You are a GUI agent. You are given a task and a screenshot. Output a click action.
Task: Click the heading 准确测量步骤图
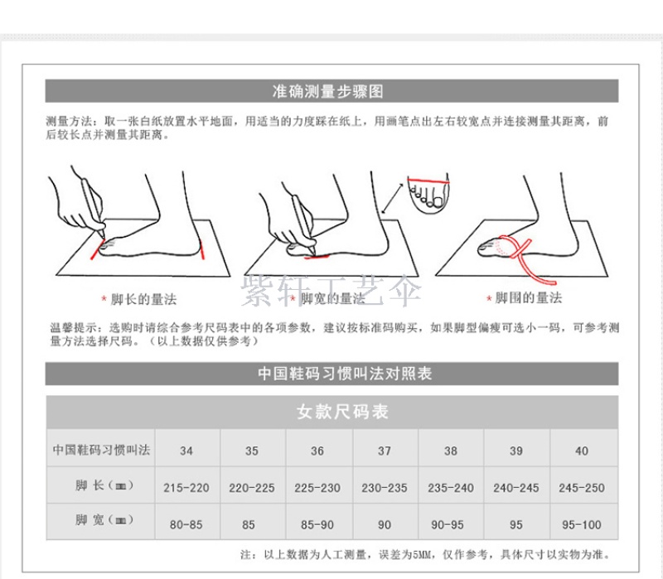tap(327, 91)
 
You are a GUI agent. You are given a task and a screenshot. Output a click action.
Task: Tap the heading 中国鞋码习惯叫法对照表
tap(345, 374)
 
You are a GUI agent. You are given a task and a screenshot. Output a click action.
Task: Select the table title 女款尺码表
tap(342, 412)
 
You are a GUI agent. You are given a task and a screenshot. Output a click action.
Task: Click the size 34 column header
tap(186, 451)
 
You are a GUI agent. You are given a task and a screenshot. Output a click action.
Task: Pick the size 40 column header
tap(582, 451)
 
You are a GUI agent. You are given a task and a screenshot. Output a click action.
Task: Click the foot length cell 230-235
tap(385, 488)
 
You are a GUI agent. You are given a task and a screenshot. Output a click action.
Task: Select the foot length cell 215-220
tap(186, 488)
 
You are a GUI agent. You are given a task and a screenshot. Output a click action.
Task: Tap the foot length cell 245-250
tap(582, 488)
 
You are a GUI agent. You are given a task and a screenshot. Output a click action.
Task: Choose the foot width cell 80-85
tap(186, 525)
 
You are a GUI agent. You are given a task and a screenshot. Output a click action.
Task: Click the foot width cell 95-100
tap(582, 525)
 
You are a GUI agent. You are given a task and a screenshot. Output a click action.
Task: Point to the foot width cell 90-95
tap(448, 525)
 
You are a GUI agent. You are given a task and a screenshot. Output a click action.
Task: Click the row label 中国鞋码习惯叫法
tap(101, 450)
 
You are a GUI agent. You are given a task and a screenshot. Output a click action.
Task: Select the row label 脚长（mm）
tap(104, 485)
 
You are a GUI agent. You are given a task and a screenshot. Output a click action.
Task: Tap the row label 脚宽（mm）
tap(104, 519)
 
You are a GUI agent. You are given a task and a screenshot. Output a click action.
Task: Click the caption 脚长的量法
tap(143, 300)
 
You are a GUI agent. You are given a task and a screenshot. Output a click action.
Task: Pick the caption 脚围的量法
tap(529, 298)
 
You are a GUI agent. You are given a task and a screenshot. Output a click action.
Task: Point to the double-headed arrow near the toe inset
tap(392, 198)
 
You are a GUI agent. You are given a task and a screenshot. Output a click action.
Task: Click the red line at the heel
tap(202, 249)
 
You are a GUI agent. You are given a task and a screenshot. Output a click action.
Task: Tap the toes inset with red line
tap(428, 193)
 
